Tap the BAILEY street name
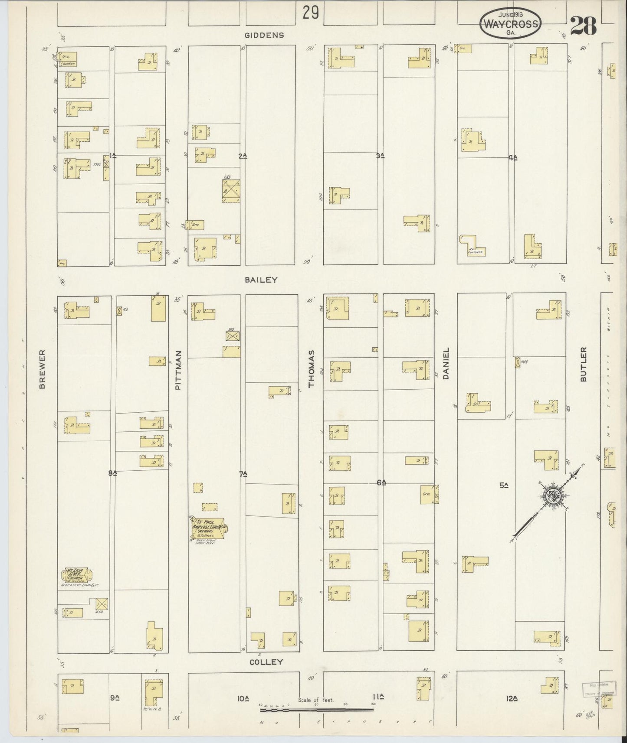point(261,280)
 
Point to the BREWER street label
point(43,375)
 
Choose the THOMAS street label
point(311,375)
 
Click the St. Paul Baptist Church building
point(209,528)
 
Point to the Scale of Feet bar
point(317,710)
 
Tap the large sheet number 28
point(583,27)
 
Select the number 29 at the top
point(311,13)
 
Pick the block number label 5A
point(503,486)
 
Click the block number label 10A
point(243,698)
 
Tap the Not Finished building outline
point(473,247)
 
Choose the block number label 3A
point(381,155)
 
